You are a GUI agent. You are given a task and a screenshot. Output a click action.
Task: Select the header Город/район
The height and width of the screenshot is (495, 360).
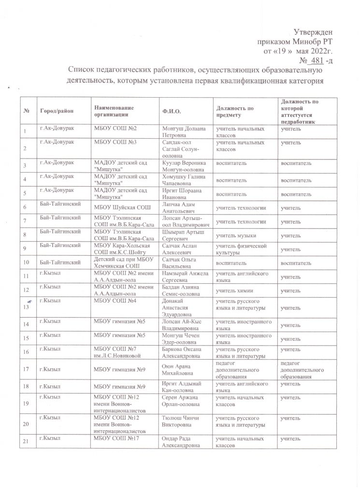[x=57, y=111]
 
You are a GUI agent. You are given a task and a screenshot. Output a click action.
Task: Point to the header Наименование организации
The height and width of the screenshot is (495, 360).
[x=114, y=111]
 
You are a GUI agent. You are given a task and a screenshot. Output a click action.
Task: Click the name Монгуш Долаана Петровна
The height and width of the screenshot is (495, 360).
[x=182, y=132]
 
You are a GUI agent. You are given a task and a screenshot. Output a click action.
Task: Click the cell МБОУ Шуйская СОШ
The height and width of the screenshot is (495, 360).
[x=118, y=208]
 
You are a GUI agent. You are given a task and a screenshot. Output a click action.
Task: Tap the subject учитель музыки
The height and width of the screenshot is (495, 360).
[x=236, y=235]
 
